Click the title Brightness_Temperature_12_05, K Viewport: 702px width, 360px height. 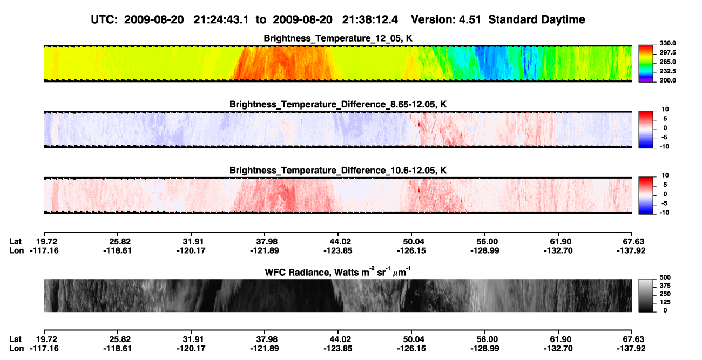(338, 38)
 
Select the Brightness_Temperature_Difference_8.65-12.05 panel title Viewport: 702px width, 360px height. (338, 104)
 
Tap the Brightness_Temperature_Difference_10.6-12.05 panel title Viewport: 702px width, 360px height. (338, 171)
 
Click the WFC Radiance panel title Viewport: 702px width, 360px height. (338, 272)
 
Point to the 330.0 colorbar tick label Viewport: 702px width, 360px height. (667, 43)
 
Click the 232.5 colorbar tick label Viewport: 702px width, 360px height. (667, 71)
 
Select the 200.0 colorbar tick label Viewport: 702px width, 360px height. (667, 80)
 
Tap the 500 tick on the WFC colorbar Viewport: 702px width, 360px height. (665, 277)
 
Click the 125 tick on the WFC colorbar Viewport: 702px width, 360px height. (665, 302)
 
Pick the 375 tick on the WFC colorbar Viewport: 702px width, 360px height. (665, 286)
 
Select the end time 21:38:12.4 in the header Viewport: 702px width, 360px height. (370, 20)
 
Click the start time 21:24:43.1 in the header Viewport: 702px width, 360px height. (221, 20)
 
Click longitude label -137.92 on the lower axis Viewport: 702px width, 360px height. (631, 349)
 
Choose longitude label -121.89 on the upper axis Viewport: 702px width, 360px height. (265, 250)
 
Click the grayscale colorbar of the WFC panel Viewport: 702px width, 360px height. (646, 295)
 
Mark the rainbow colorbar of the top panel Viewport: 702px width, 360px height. (646, 64)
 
